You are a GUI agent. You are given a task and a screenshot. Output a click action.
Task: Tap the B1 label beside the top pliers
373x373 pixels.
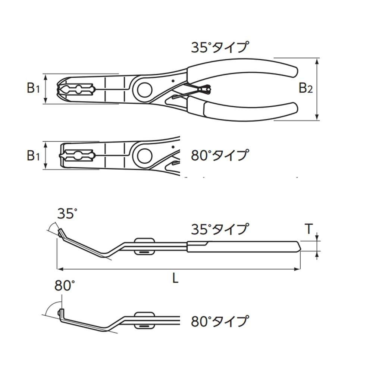(33, 88)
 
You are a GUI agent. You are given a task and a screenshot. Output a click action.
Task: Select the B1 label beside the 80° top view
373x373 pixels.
(33, 155)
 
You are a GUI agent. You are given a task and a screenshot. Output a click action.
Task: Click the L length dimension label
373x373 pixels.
(175, 278)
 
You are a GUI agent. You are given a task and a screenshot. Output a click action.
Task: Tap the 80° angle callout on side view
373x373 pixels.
(65, 286)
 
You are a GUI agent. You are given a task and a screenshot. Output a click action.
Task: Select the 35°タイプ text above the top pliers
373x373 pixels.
(220, 48)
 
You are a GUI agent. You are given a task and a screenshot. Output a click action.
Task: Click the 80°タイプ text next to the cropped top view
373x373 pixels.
(220, 154)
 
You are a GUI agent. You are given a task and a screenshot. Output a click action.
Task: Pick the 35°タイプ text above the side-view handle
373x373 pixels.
(220, 229)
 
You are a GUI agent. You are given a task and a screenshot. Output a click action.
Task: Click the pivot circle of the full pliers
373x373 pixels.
(144, 90)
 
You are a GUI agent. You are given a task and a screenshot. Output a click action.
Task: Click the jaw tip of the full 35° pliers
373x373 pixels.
(60, 90)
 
